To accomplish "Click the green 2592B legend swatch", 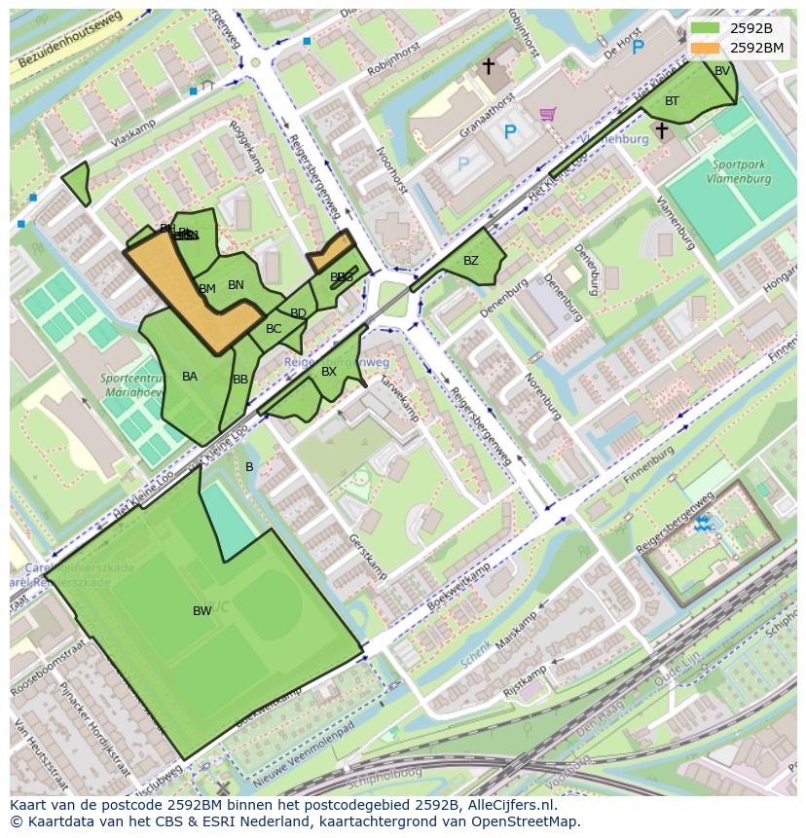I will tap(705, 28).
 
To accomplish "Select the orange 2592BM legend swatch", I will tap(705, 47).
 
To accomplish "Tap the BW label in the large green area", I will tap(201, 611).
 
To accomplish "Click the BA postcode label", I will tap(190, 377).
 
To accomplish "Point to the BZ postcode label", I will tap(471, 261).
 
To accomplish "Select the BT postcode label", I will tap(672, 101).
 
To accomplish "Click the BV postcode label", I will tap(722, 71).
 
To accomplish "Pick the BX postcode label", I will tap(329, 372).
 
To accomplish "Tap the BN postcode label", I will tap(236, 285).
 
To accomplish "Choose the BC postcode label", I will tap(274, 329).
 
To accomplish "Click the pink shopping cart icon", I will tap(548, 115).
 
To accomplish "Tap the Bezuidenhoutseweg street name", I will tap(69, 44).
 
